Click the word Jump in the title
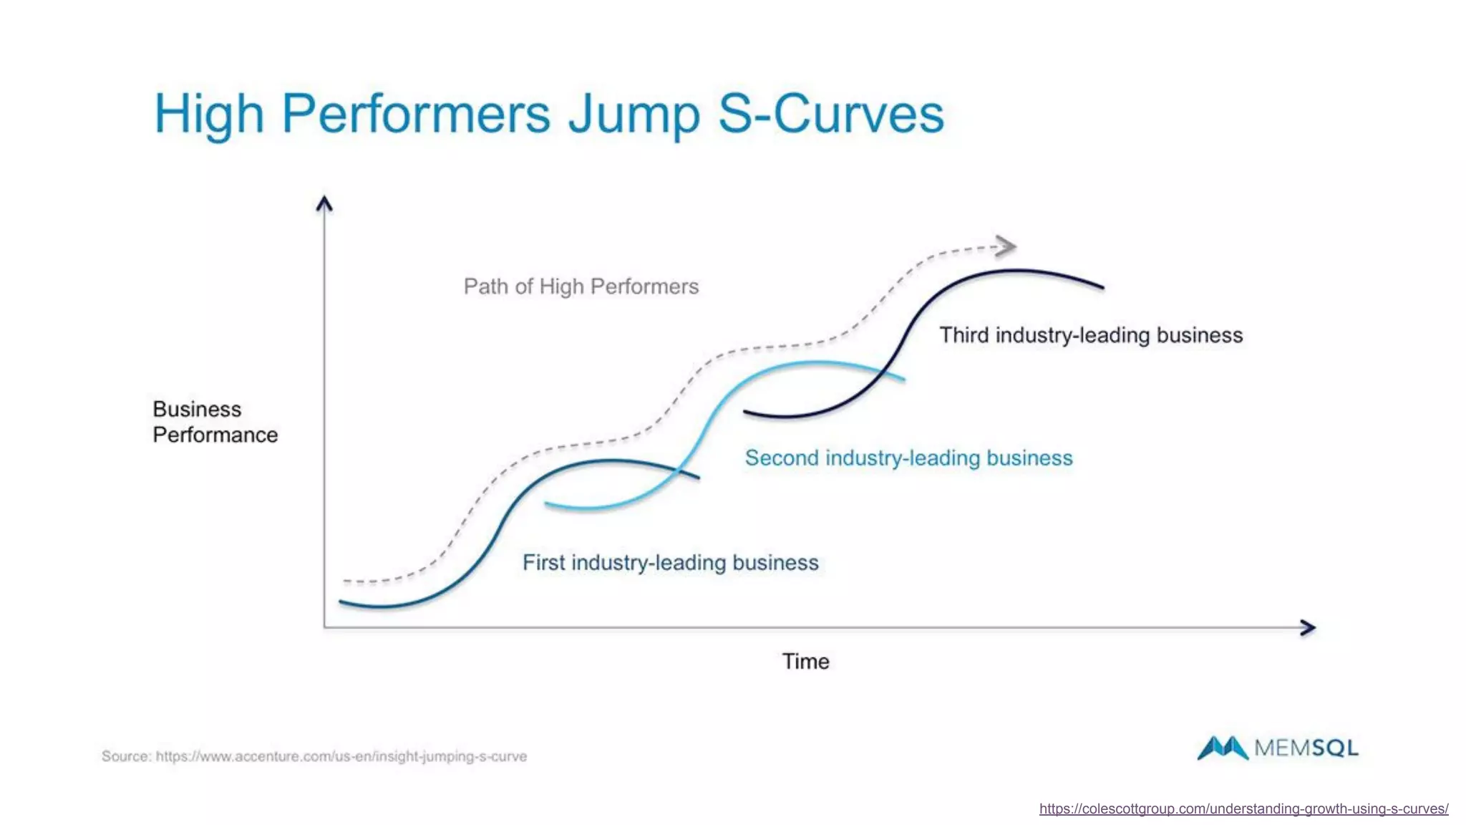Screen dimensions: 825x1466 click(x=634, y=115)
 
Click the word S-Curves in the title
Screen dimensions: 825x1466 click(x=830, y=115)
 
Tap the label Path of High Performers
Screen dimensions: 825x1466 click(x=581, y=286)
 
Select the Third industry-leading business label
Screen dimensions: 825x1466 click(x=1090, y=335)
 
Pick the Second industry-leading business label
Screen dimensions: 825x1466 click(x=908, y=458)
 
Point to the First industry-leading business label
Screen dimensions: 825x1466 click(x=670, y=562)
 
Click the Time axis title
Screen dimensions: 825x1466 click(x=805, y=661)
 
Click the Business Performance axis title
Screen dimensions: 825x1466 click(x=214, y=422)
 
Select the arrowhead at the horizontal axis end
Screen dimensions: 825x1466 click(x=1308, y=627)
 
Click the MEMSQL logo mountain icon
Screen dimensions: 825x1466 click(x=1222, y=748)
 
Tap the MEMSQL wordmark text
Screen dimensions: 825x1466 click(x=1306, y=748)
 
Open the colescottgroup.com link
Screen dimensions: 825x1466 click(x=1243, y=809)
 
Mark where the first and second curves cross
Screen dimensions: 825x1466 click(x=678, y=471)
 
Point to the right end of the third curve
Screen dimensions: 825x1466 click(x=1102, y=287)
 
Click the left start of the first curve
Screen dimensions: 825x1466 click(x=341, y=602)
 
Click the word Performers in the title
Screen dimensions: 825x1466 click(x=416, y=115)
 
